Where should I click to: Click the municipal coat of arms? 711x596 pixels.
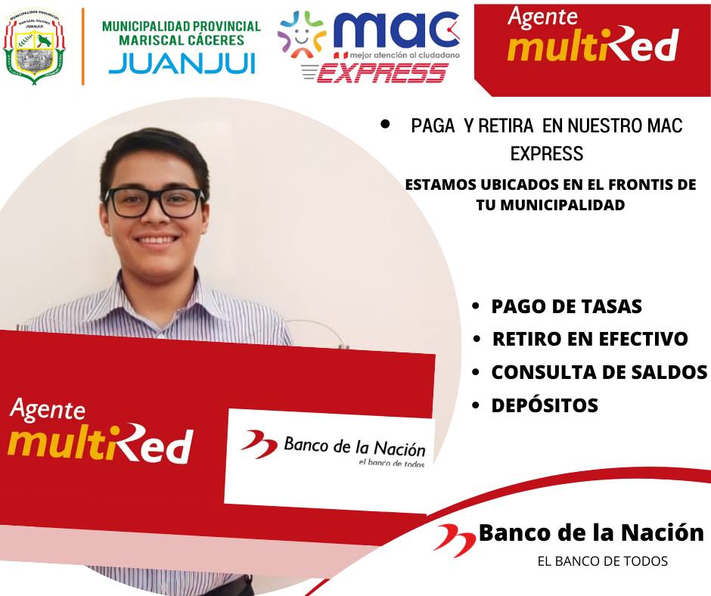point(35,46)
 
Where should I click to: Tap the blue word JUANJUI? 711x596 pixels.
point(182,64)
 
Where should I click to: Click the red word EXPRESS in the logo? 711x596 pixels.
point(381,73)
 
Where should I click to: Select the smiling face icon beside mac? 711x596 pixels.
point(302,35)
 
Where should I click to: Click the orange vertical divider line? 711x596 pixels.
point(83,46)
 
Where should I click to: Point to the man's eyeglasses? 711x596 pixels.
point(154,202)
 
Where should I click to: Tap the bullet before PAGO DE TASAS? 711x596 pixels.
point(475,306)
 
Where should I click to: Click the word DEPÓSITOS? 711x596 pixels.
point(545,405)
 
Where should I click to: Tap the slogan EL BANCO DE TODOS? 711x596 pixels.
point(603,561)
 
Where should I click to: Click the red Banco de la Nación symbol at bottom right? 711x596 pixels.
point(455,540)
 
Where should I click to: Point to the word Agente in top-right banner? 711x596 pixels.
point(543,17)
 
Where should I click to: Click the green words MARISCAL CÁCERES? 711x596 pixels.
point(182,40)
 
